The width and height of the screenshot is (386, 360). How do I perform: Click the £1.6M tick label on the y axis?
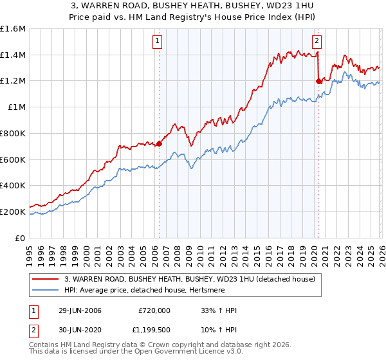(x=13, y=29)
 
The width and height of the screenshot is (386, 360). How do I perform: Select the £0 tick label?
(x=21, y=238)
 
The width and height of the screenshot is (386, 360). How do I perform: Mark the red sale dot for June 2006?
(x=159, y=144)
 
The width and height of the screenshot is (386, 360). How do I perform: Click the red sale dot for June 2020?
(x=318, y=81)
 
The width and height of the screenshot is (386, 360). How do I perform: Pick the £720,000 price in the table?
(x=154, y=310)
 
